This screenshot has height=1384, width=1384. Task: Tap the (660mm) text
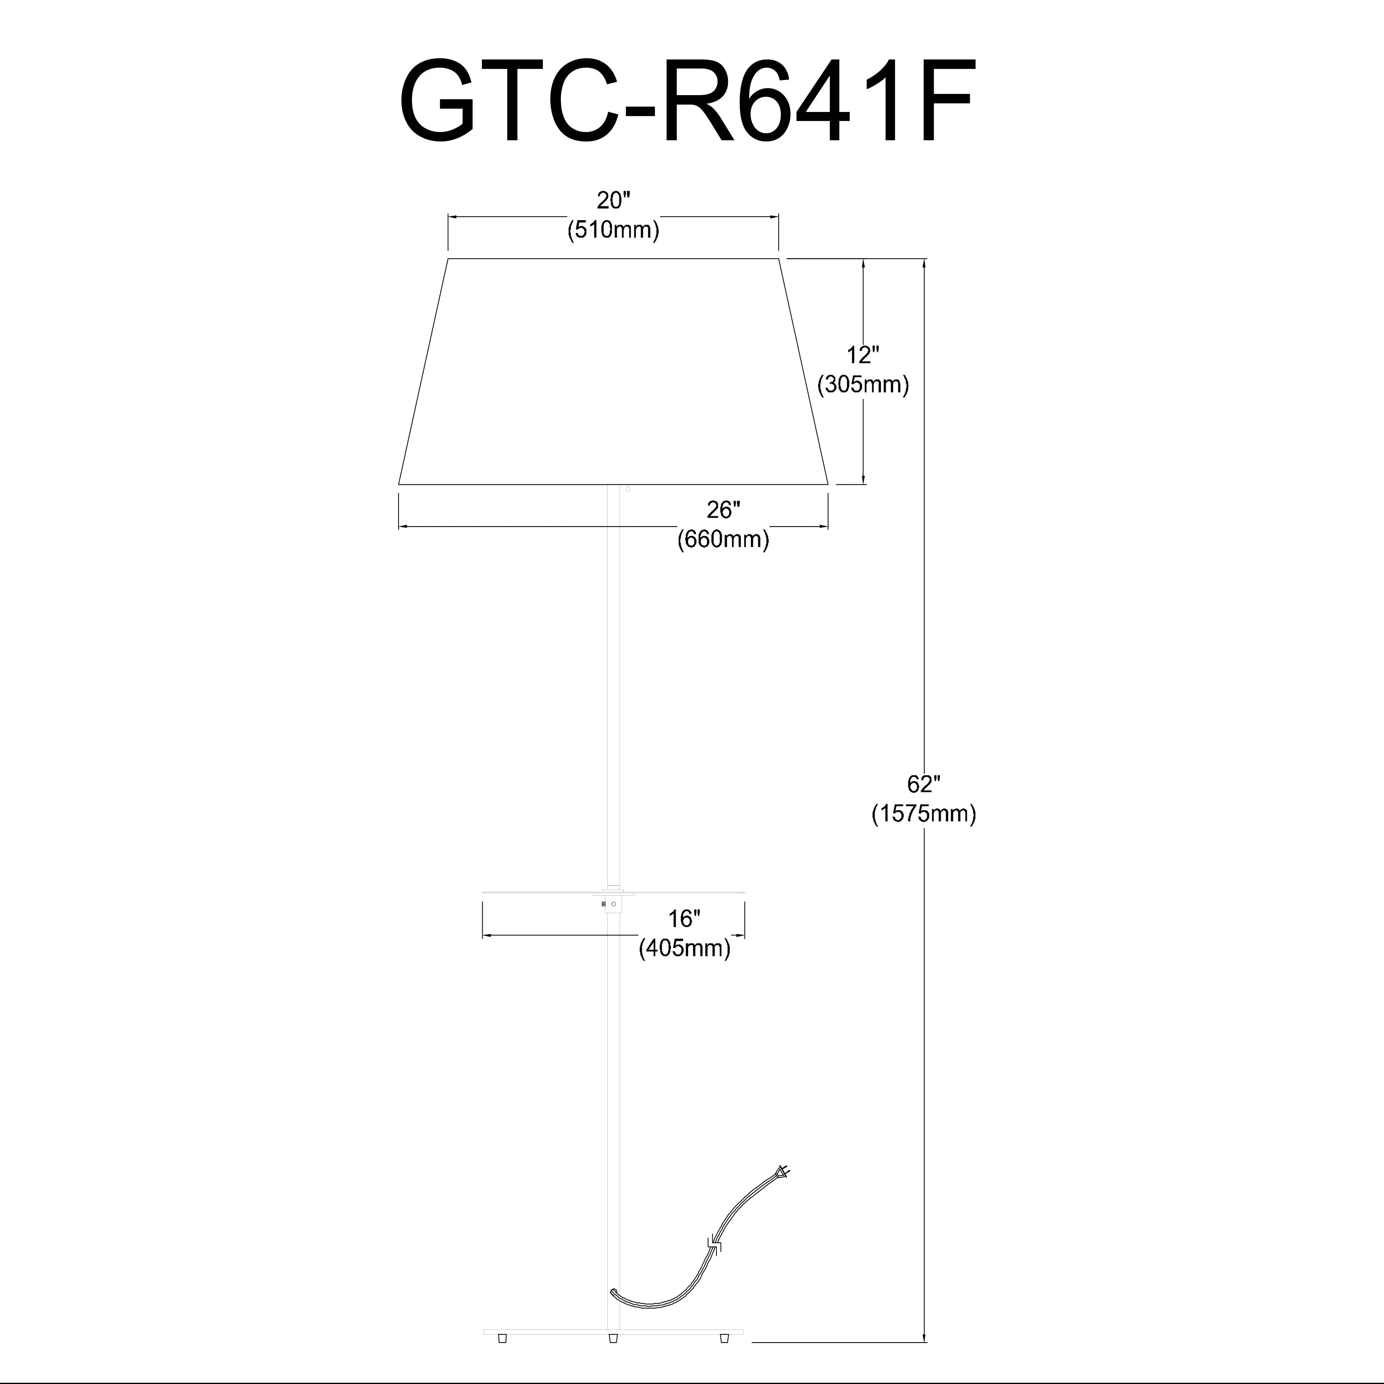[723, 539]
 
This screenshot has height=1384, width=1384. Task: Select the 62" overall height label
[923, 784]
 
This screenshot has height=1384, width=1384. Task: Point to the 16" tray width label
[684, 919]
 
